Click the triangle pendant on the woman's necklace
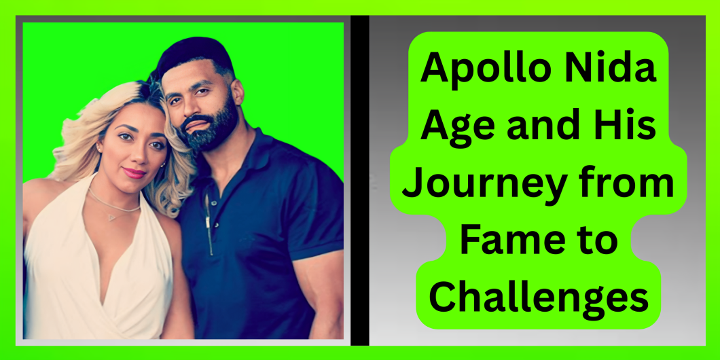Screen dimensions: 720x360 tap(112, 217)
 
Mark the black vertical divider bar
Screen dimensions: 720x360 tap(360, 181)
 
